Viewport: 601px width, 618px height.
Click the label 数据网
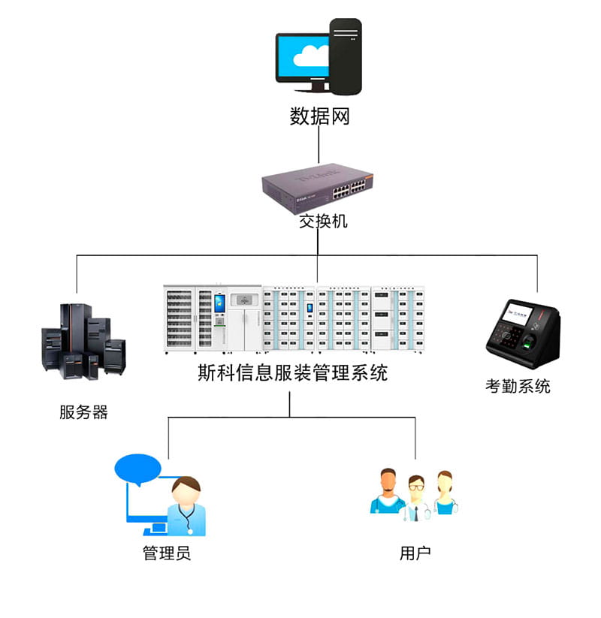[319, 117]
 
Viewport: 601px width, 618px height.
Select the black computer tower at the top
[346, 56]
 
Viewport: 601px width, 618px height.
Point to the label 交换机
[319, 222]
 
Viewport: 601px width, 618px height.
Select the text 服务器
[83, 412]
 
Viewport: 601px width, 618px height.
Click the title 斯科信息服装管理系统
[292, 372]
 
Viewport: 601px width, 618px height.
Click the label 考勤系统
[518, 387]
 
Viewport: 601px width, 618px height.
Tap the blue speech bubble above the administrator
[137, 469]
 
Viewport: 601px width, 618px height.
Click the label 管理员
[167, 553]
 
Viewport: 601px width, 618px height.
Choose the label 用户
[415, 553]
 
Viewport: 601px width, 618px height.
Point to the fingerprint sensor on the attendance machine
[531, 345]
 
